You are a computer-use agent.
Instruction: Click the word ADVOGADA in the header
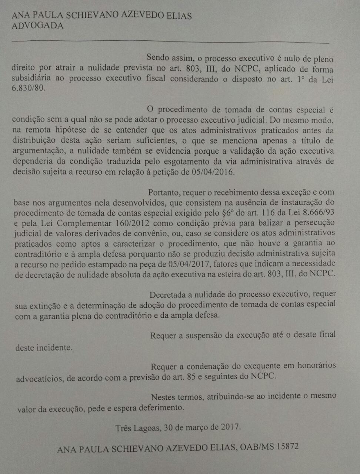pos(37,26)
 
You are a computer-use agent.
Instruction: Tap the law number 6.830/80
pos(29,89)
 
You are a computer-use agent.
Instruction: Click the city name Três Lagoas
pos(137,428)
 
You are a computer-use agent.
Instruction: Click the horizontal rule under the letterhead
pos(170,41)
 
